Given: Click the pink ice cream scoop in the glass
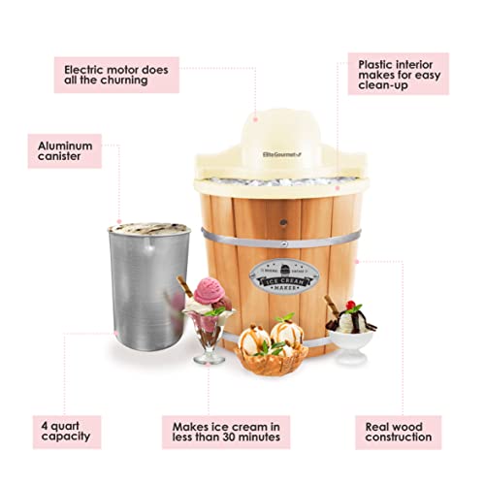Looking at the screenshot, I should pyautogui.click(x=207, y=294).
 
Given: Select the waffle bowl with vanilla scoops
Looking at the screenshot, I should pyautogui.click(x=272, y=349).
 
